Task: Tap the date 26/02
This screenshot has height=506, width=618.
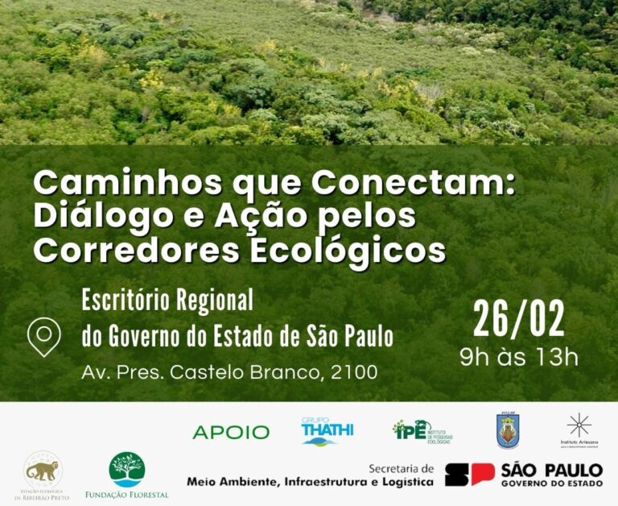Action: click(518, 320)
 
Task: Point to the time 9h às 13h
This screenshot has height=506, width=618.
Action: click(518, 357)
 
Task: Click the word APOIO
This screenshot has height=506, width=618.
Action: click(231, 433)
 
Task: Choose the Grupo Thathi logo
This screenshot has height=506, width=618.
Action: click(327, 431)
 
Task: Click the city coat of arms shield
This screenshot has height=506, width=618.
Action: click(508, 430)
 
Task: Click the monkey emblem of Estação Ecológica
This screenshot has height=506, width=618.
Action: click(43, 471)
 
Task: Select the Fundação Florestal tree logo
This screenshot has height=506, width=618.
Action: click(127, 470)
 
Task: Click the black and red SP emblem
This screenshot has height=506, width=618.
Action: click(469, 475)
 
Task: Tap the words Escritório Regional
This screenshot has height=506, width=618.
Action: click(167, 301)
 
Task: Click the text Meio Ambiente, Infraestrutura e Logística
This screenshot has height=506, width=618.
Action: click(310, 482)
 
